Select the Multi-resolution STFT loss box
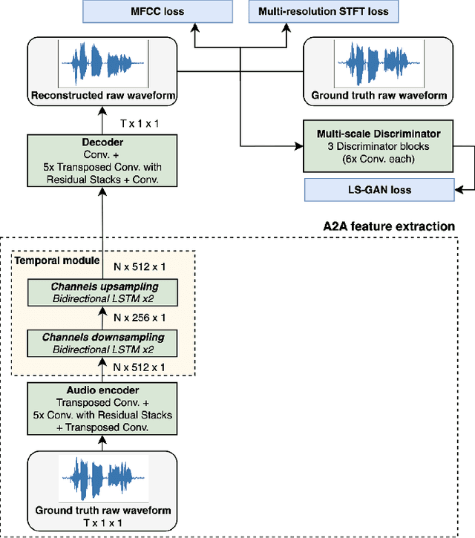pyautogui.click(x=324, y=11)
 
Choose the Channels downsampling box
pyautogui.click(x=102, y=341)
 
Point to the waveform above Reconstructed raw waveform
pyautogui.click(x=102, y=64)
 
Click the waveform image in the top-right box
pyautogui.click(x=379, y=64)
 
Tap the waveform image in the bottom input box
pyautogui.click(x=102, y=479)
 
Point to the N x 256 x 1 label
pyautogui.click(x=140, y=316)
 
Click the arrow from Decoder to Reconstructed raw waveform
pyautogui.click(x=102, y=119)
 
